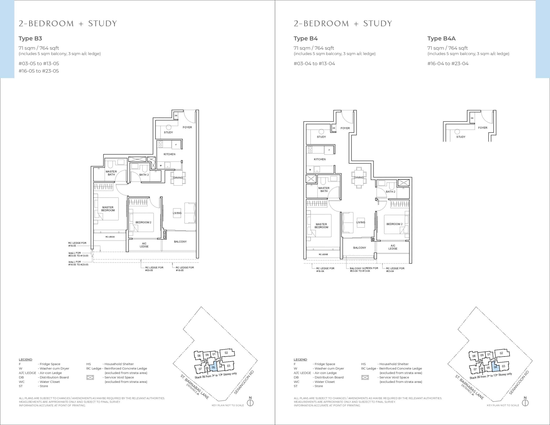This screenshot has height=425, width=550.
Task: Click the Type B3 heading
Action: click(30, 38)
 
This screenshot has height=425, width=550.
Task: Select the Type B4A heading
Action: click(441, 38)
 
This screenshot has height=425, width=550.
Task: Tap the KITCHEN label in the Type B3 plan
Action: click(170, 154)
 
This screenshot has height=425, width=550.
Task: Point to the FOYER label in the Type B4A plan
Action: click(483, 128)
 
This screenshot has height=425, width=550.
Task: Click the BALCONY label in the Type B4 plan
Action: click(360, 248)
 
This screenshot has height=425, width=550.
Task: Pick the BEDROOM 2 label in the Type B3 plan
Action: click(143, 222)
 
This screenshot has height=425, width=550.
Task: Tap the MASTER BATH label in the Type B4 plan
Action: click(324, 190)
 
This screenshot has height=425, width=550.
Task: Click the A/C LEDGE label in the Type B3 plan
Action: click(144, 245)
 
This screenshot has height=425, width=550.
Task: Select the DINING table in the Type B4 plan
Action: click(359, 178)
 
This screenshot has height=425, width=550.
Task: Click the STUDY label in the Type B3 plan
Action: click(168, 133)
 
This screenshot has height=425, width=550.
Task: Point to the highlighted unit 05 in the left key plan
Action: click(213, 368)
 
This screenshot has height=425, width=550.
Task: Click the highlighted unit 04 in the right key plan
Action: click(495, 367)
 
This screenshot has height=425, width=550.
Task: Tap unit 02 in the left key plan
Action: click(227, 353)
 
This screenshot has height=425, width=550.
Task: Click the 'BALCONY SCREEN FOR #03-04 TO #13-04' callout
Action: click(364, 270)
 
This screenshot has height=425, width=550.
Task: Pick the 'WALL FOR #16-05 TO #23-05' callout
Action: click(78, 263)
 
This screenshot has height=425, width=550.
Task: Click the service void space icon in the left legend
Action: click(90, 377)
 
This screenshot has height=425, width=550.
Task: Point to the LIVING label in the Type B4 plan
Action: click(361, 222)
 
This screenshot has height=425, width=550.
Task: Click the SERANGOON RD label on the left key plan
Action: click(244, 382)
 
